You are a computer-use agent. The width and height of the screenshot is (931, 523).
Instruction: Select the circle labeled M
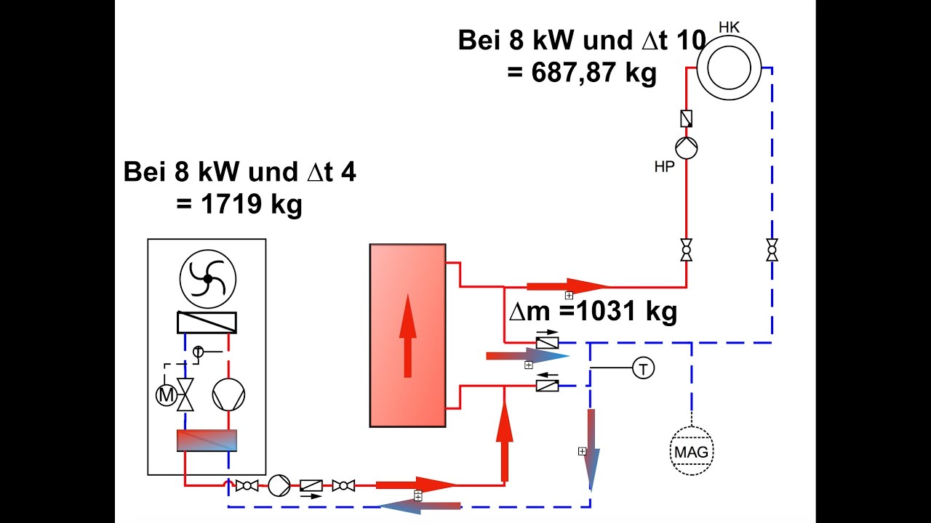click(167, 396)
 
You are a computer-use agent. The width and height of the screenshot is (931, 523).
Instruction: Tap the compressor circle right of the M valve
click(228, 396)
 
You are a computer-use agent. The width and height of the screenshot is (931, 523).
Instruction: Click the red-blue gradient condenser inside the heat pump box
click(207, 440)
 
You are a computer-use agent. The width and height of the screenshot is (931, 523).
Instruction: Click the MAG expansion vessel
click(691, 453)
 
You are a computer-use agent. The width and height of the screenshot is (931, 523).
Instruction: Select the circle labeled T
click(643, 369)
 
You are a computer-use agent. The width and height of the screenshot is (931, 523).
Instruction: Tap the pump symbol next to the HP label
click(686, 148)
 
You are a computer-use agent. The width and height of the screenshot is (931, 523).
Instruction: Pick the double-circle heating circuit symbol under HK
click(729, 68)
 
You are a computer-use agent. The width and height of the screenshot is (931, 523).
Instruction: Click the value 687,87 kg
click(582, 73)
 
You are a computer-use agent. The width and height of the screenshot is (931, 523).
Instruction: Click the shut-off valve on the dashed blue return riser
click(772, 250)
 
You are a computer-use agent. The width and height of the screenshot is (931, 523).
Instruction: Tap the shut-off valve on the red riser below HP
click(686, 250)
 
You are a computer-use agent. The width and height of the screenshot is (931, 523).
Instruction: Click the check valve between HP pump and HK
click(686, 118)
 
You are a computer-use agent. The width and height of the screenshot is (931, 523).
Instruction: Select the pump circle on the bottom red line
click(279, 485)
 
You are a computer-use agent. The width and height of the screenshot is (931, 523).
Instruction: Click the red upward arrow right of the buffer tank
click(505, 439)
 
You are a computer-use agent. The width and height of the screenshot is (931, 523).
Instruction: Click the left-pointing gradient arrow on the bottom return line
click(422, 506)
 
